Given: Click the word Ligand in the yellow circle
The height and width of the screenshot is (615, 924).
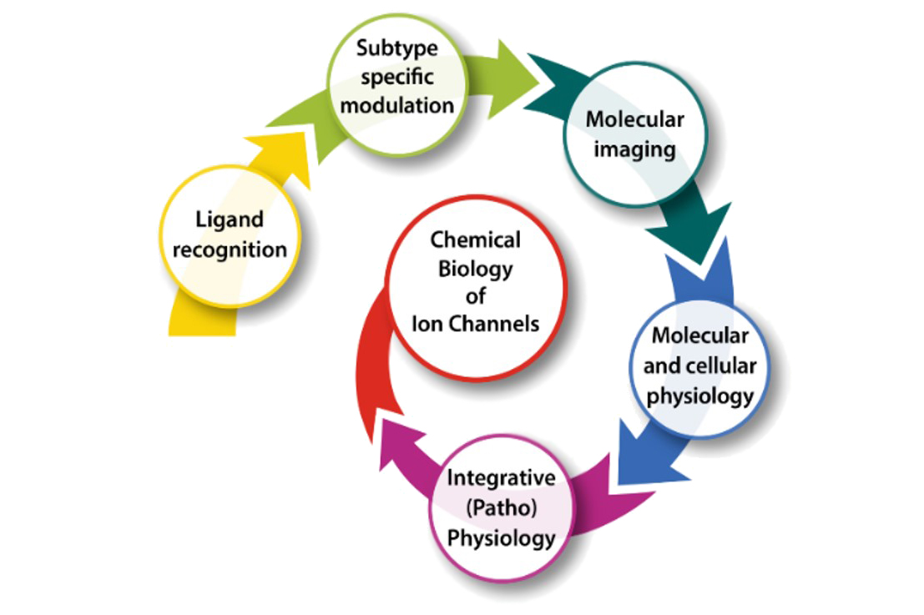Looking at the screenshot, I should pyautogui.click(x=230, y=221).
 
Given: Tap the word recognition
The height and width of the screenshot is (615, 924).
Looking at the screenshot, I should pyautogui.click(x=230, y=249).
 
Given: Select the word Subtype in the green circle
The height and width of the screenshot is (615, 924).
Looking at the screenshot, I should pyautogui.click(x=396, y=48).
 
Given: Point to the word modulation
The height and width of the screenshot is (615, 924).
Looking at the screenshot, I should pyautogui.click(x=398, y=105).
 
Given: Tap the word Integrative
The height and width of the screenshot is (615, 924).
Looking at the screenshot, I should pyautogui.click(x=501, y=479).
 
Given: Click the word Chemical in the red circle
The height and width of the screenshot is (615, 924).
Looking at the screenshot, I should pyautogui.click(x=476, y=240).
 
